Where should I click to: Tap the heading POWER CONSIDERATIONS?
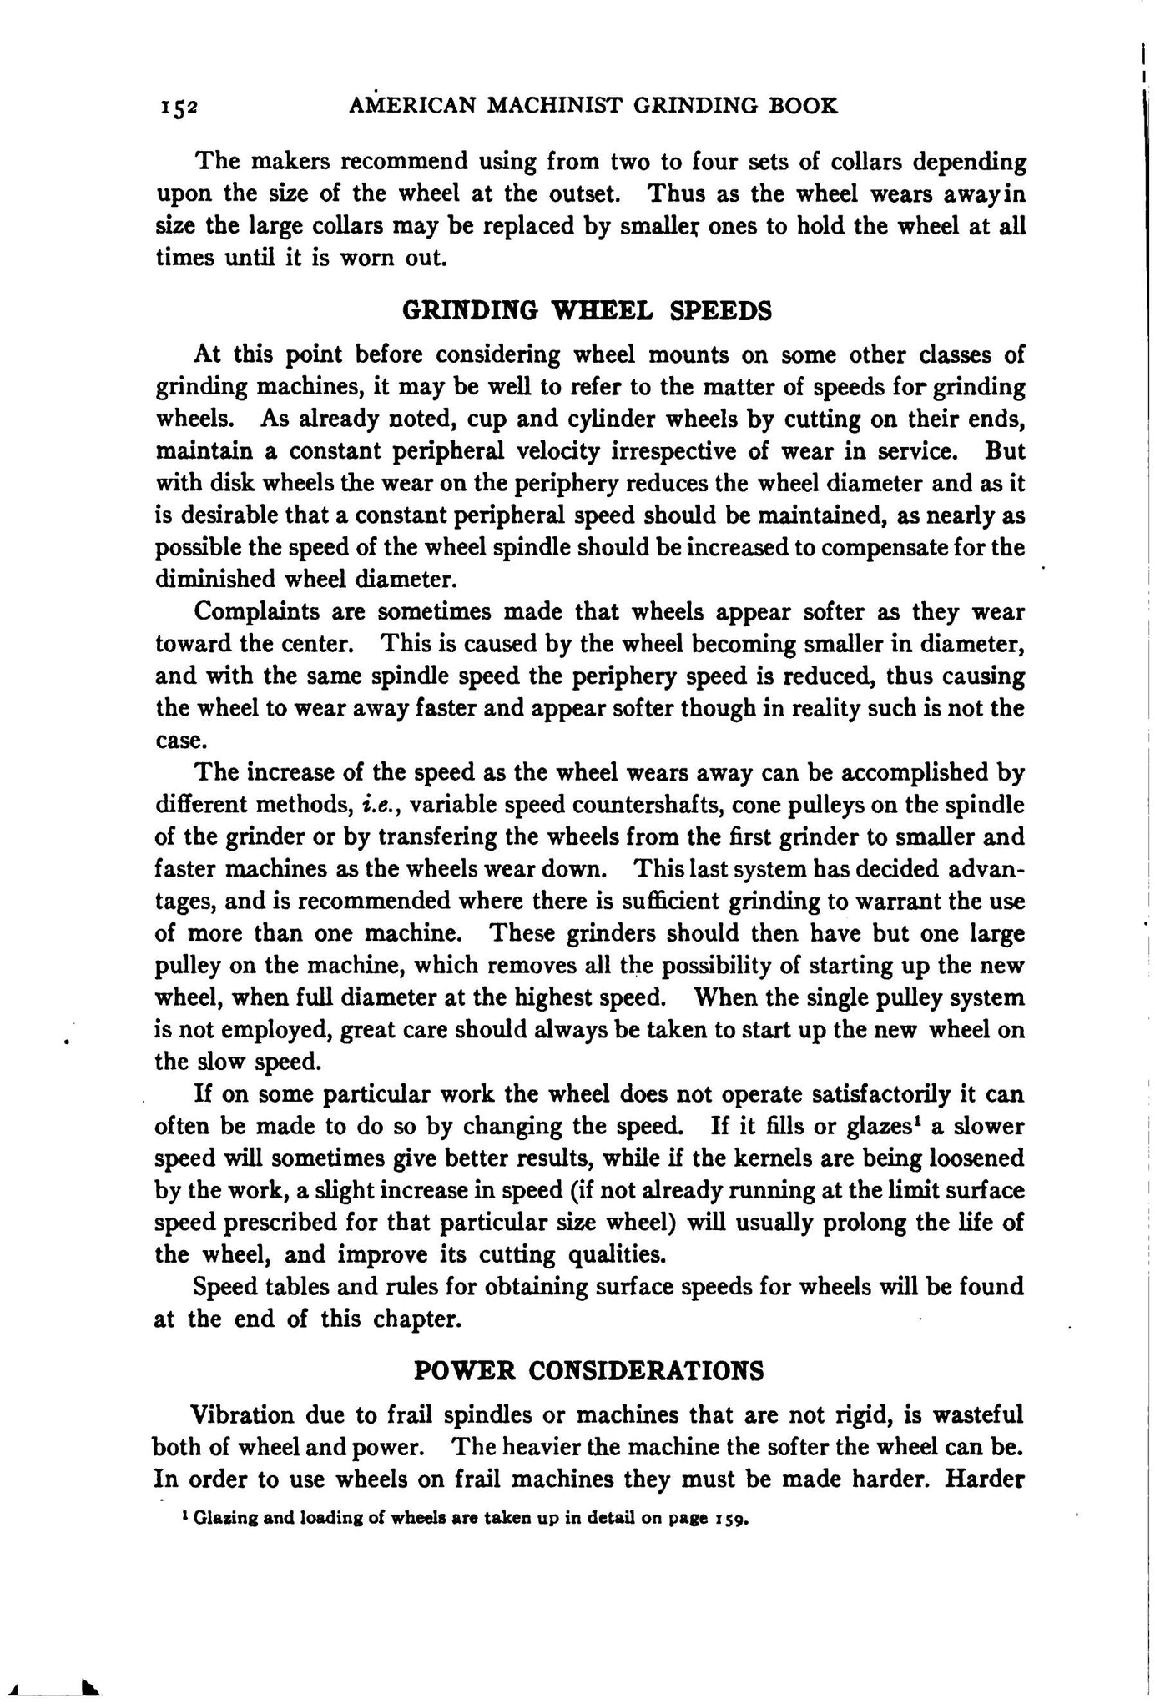point(588,1370)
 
